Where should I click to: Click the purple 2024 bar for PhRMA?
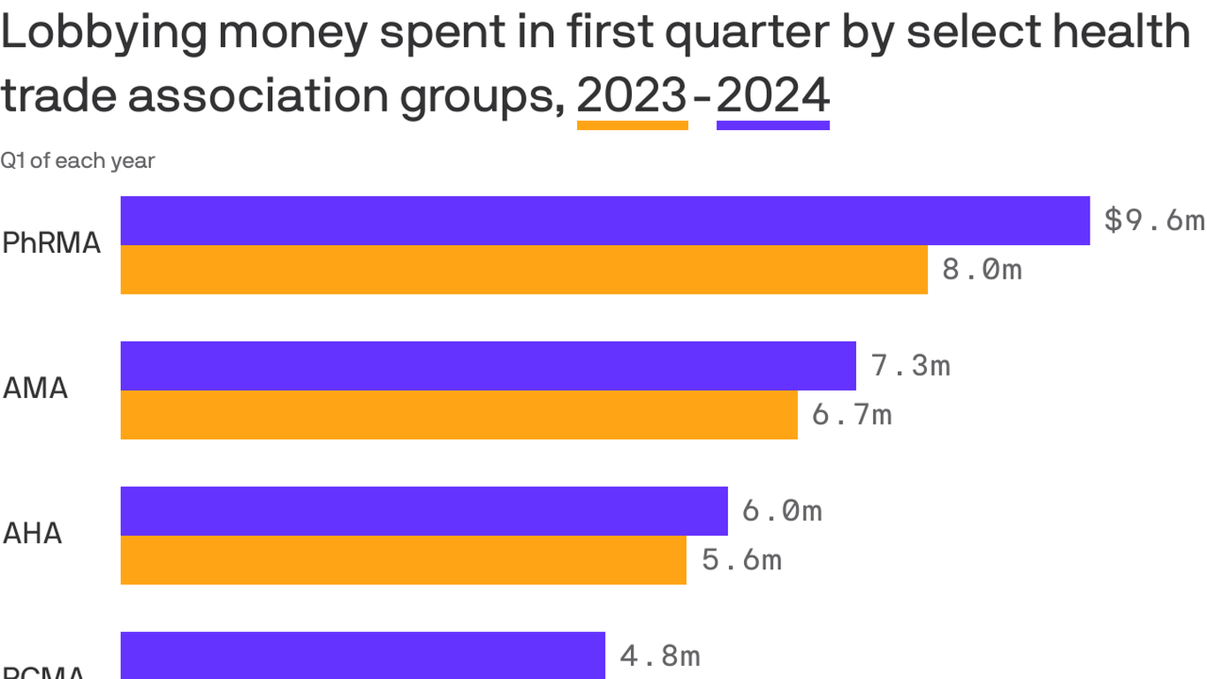[x=604, y=220]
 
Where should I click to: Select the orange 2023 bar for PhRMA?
[x=523, y=270]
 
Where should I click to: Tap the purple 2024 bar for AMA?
[x=488, y=365]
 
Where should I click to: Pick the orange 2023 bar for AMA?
[x=459, y=415]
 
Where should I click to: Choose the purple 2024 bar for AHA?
[x=423, y=510]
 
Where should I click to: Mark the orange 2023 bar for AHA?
[x=403, y=560]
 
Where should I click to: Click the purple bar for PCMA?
[x=362, y=655]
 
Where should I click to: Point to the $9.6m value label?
[x=1154, y=220]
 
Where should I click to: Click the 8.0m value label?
[x=982, y=269]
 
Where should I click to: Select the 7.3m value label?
[x=910, y=365]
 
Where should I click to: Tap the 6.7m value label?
[x=851, y=415]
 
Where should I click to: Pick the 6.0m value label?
[x=782, y=510]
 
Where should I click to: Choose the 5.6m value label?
[x=741, y=560]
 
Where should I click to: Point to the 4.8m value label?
[x=660, y=655]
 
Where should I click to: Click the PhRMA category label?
[x=51, y=244]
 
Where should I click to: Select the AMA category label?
[x=35, y=389]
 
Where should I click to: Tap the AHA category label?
[x=33, y=534]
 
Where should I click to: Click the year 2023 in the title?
[x=632, y=95]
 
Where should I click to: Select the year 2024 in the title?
[x=772, y=95]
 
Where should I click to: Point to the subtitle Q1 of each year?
[x=78, y=161]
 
